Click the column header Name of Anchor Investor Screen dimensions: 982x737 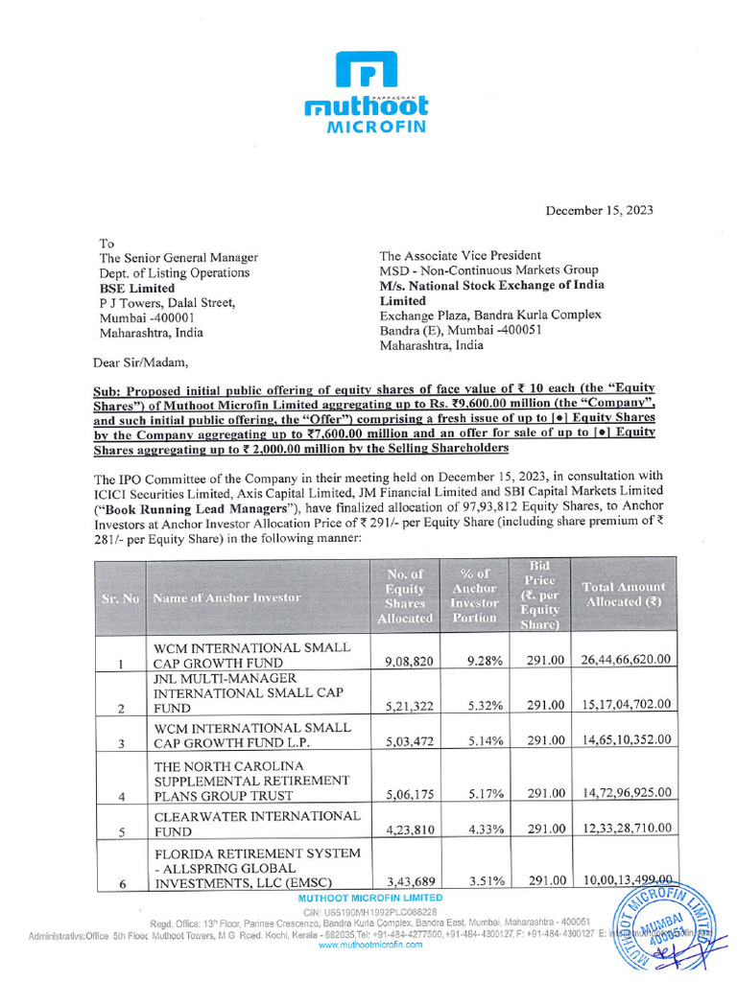(226, 597)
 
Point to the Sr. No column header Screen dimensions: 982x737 (120, 597)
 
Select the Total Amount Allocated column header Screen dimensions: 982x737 (624, 595)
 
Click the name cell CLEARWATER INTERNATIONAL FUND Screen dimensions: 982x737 (256, 824)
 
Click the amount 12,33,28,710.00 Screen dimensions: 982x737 (625, 831)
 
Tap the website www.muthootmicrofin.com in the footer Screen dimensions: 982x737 (370, 945)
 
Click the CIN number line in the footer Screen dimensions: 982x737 (370, 911)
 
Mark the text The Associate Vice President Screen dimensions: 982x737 (461, 256)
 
